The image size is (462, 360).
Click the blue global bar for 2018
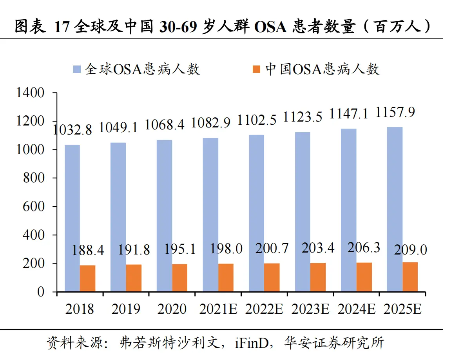[x=72, y=218]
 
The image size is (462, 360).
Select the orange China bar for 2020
[x=180, y=278]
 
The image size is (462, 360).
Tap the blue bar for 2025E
[x=395, y=209]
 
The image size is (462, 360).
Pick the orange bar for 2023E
[x=318, y=277]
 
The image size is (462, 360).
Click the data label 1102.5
[x=257, y=119]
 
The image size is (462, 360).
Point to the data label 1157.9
[x=395, y=113]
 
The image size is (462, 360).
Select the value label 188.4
[x=87, y=251]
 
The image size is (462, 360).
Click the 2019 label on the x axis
[x=126, y=309]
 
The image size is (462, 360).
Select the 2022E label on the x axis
[x=264, y=309]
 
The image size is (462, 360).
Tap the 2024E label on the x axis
[x=356, y=309]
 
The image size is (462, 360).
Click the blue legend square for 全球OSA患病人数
[x=77, y=69]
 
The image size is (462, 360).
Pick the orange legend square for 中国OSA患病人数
[x=257, y=69]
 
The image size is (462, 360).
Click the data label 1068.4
[x=165, y=125]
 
